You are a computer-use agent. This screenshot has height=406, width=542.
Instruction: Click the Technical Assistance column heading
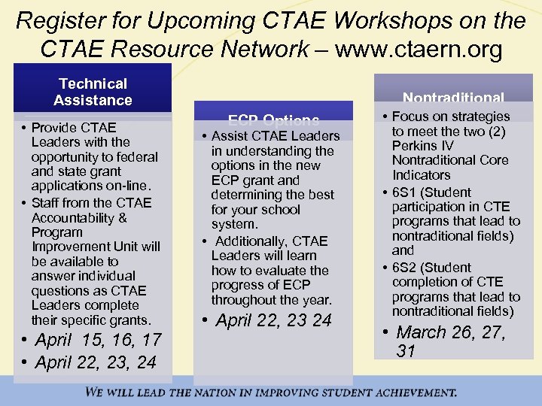[x=93, y=92]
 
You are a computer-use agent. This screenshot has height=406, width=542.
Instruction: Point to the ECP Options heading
[x=273, y=120]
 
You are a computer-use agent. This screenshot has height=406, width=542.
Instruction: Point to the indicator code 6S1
[x=406, y=192]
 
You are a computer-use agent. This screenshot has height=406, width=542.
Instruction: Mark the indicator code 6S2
[x=406, y=268]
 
